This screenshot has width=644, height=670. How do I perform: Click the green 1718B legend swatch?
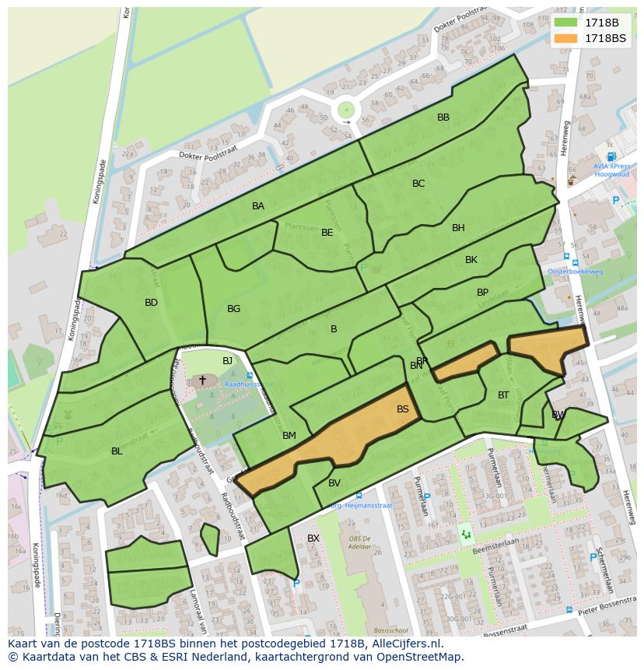pos(566,23)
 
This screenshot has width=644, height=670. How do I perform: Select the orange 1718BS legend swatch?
pos(566,38)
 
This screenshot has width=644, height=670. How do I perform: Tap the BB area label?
pos(443,118)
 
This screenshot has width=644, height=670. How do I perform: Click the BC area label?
pos(418,184)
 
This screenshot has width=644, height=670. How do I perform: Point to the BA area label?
pos(258,206)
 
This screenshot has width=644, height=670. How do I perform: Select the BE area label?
pos(327,233)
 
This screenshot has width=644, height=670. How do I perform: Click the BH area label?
pos(458,228)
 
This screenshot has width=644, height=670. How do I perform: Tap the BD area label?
pos(151,303)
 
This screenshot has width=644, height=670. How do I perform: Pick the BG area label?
pos(233,309)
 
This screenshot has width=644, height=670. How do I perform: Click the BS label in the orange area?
pos(402,409)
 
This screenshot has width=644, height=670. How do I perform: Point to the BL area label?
pos(117,451)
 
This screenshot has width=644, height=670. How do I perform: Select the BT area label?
pos(503,395)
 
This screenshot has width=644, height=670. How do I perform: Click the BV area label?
pos(334,483)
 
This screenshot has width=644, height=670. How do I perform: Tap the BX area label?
pos(313,538)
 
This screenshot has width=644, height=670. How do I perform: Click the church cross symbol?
pos(202,380)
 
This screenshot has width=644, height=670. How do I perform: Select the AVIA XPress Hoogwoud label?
pos(612,170)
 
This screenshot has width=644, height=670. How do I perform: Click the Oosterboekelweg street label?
pos(575,272)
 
